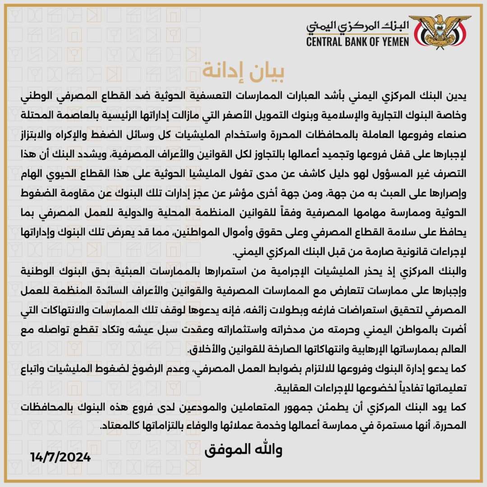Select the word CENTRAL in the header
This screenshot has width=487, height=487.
point(324,42)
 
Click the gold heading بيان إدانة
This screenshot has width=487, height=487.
point(244,71)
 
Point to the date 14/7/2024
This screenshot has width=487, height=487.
point(61,456)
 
